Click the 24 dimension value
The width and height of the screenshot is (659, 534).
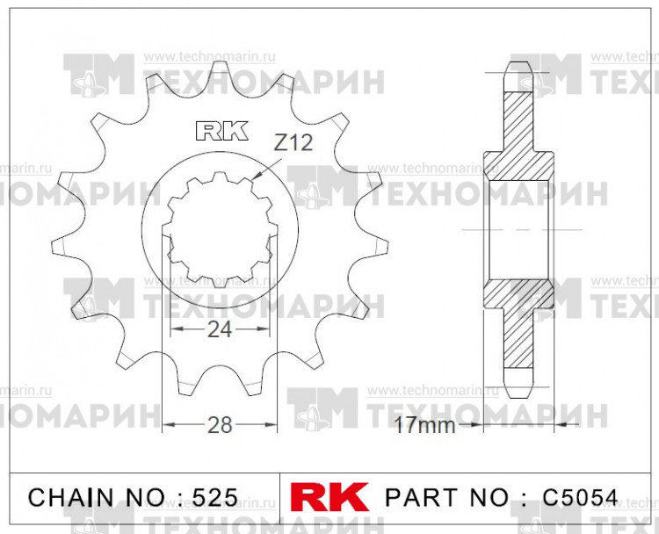point(220,330)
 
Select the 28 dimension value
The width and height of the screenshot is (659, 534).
point(220,425)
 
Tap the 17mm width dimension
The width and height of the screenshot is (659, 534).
point(424,427)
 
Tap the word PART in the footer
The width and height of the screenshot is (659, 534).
point(425,497)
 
